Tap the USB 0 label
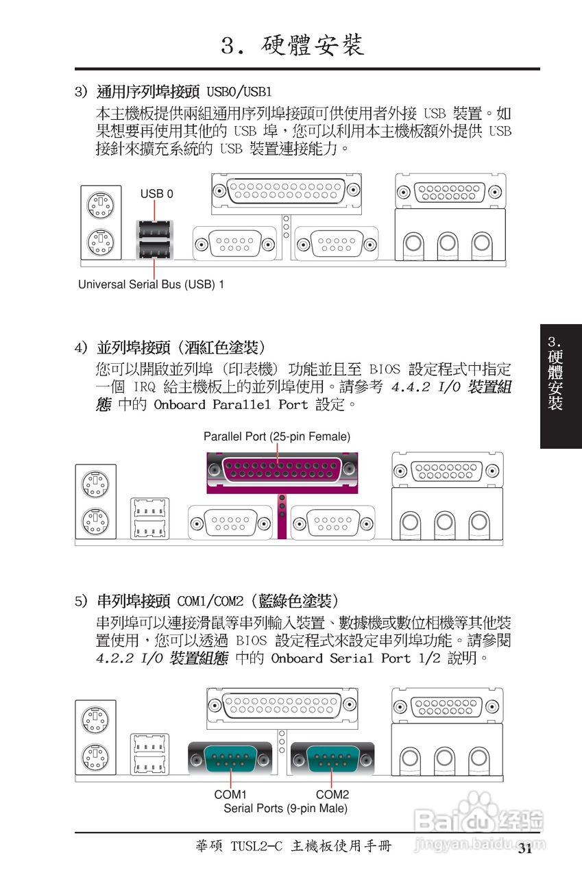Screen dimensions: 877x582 click(x=157, y=194)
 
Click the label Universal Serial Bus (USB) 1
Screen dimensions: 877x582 click(x=151, y=284)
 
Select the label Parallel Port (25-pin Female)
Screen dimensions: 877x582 click(x=277, y=436)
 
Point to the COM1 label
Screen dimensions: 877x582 click(x=230, y=794)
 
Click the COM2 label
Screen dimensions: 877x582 click(x=332, y=794)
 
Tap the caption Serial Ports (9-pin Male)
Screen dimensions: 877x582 click(x=285, y=808)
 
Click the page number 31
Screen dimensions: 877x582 click(x=525, y=850)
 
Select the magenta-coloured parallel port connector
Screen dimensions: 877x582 click(x=282, y=470)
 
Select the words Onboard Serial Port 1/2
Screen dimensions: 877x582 click(x=356, y=658)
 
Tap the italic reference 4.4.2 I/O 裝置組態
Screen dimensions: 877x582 click(x=451, y=388)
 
